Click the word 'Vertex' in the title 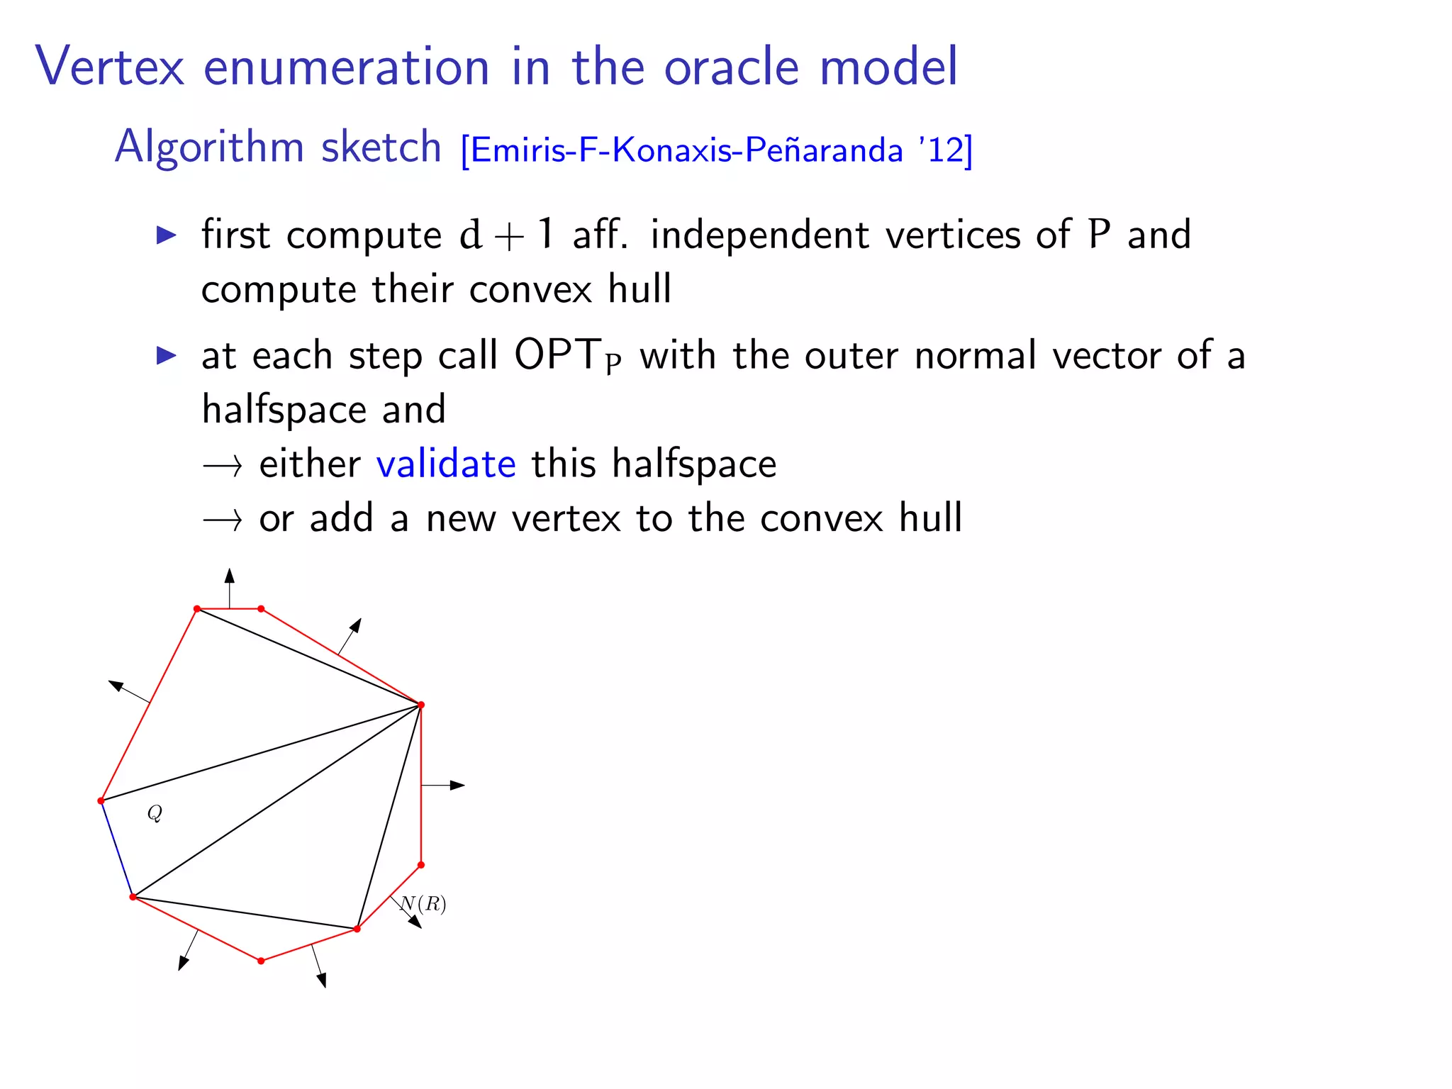click(110, 67)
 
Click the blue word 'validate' click(446, 464)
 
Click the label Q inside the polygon click(155, 813)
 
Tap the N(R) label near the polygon click(424, 904)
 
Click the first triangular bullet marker click(167, 235)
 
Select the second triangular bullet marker click(167, 355)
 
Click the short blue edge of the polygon click(117, 849)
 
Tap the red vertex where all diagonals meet click(421, 705)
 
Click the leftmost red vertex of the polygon click(101, 801)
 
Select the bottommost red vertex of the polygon click(261, 961)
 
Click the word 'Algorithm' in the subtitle click(209, 147)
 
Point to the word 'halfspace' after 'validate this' click(694, 464)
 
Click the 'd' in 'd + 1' click(471, 235)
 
